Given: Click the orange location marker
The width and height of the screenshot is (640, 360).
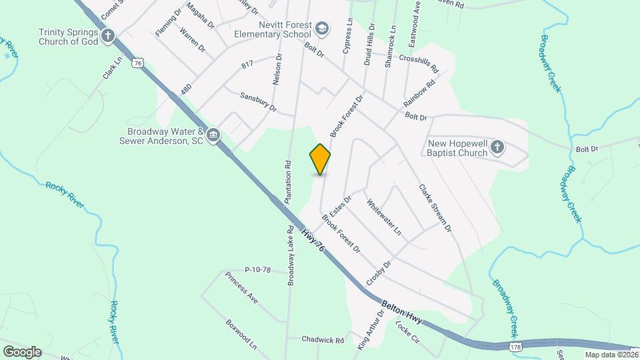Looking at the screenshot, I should pos(320,159).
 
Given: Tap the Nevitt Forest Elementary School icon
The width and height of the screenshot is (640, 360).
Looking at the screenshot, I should pos(322,28).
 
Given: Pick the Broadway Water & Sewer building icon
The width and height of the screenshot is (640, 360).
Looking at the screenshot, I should pos(213,135).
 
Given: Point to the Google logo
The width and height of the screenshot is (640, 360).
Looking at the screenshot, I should pos(22,352).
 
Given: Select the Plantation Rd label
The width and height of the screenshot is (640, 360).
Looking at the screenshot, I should pos(289,181).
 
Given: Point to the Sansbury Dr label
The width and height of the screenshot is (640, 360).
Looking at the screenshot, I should pos(259,101).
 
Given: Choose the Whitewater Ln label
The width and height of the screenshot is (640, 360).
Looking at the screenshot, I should pos(383,217).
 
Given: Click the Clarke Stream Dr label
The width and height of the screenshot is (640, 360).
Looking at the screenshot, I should pos(435,209).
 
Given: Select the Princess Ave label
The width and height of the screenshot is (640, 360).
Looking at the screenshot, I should pos(241,287).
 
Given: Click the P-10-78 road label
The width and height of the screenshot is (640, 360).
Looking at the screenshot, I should pos(257,270).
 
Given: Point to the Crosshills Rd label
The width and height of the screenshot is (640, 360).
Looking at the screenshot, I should pos(419,63).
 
